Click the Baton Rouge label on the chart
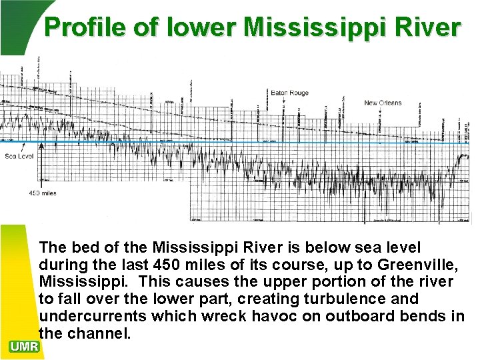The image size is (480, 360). (x=290, y=93)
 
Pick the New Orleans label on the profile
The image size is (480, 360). (x=383, y=103)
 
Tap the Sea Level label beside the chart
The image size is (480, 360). (x=19, y=157)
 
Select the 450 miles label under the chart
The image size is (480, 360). (x=43, y=193)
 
